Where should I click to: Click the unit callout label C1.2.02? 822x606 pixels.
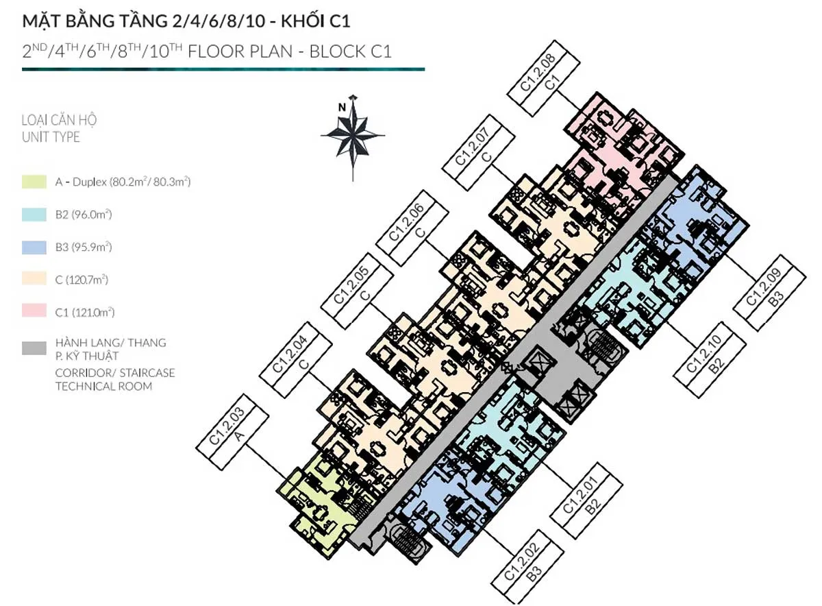[527, 566]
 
